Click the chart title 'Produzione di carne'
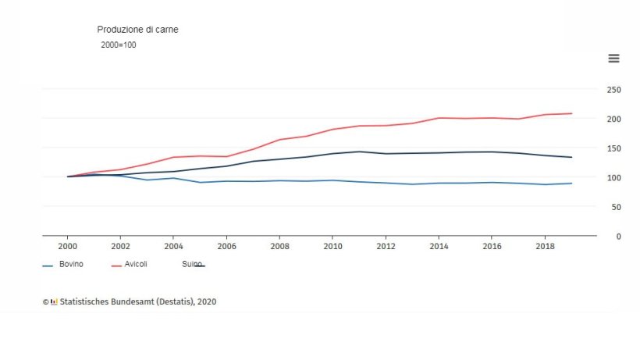(x=137, y=30)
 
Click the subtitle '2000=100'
(x=119, y=45)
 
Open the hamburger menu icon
(x=613, y=59)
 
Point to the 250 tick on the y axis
(x=613, y=90)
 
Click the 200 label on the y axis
(x=613, y=119)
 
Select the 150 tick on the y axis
(x=613, y=148)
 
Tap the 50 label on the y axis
(x=613, y=207)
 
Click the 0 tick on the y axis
(x=617, y=236)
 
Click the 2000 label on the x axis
(x=68, y=246)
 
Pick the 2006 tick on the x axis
(x=226, y=246)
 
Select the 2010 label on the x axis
(x=332, y=246)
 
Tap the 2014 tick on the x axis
(x=438, y=246)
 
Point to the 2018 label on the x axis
(x=544, y=246)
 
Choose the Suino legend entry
(x=192, y=265)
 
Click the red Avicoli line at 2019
(x=571, y=113)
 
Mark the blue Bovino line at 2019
(x=571, y=184)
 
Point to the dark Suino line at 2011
(x=359, y=151)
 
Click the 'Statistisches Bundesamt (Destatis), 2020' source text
(x=138, y=301)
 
